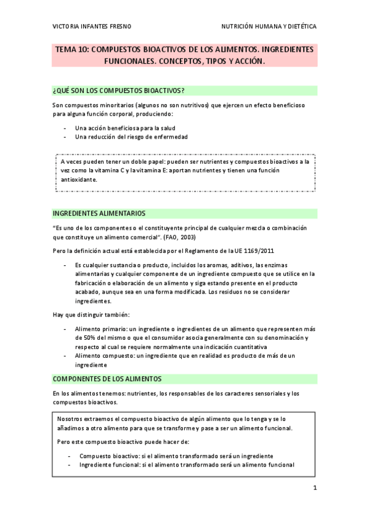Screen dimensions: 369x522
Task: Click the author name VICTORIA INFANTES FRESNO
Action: coord(91,27)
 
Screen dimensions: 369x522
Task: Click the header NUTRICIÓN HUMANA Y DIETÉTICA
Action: coord(269,27)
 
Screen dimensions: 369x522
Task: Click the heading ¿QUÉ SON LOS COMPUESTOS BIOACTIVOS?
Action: coord(120,90)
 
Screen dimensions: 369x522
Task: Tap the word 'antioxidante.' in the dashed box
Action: coord(79,180)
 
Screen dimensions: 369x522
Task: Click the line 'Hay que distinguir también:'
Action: coord(91,315)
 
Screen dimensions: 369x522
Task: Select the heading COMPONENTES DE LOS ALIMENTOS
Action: coord(107,378)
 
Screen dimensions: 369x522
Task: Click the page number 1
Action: coord(314,489)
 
